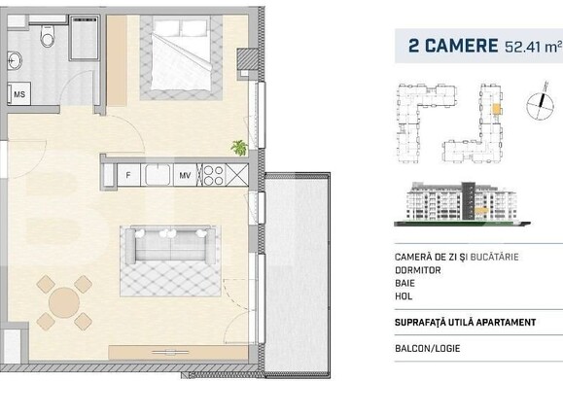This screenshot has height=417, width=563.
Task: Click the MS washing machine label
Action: [x=18, y=95]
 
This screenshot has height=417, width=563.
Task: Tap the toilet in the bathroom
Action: [x=47, y=38]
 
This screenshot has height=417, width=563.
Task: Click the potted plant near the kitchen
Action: [x=238, y=147]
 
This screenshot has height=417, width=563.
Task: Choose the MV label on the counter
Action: [x=183, y=175]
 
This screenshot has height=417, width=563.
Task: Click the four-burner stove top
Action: [x=212, y=175]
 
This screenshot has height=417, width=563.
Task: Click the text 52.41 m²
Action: [x=532, y=46]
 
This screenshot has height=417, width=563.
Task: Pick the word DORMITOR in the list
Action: [x=410, y=272]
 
